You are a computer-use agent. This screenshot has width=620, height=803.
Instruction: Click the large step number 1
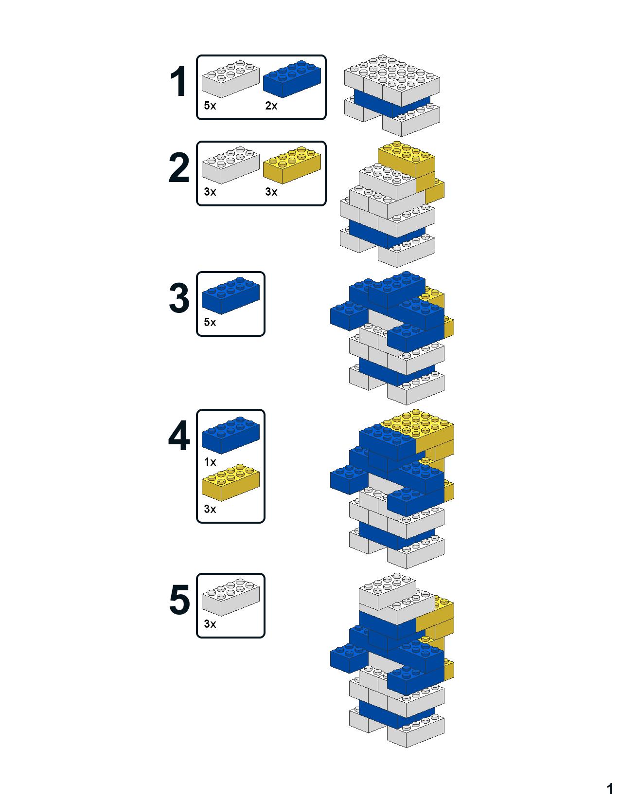[x=179, y=81]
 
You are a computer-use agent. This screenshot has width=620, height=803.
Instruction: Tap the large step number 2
[x=179, y=167]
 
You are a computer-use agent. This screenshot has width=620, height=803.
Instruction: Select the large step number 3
[x=179, y=298]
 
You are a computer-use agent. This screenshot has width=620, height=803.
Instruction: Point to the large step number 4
[x=179, y=436]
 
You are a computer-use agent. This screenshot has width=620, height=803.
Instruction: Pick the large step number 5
[x=179, y=600]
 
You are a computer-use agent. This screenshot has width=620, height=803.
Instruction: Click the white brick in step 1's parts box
[x=230, y=79]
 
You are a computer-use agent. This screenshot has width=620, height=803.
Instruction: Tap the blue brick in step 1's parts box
[x=292, y=79]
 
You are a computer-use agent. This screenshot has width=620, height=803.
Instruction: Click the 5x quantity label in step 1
[x=210, y=106]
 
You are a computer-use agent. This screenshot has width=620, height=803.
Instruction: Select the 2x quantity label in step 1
[x=271, y=106]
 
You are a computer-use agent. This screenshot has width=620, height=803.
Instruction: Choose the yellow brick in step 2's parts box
[x=292, y=165]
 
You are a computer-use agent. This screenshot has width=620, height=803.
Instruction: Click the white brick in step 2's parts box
[x=230, y=165]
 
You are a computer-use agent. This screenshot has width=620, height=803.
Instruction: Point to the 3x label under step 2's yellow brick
[x=271, y=192]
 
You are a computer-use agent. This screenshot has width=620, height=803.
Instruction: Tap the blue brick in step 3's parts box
[x=230, y=295]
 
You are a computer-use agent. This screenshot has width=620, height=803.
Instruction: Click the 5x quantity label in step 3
[x=210, y=322]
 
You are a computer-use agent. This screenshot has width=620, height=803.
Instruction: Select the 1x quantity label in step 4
[x=210, y=462]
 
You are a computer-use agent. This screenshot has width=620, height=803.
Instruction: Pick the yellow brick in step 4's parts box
[x=230, y=482]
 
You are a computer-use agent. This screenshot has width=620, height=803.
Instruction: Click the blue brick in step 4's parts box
[x=230, y=435]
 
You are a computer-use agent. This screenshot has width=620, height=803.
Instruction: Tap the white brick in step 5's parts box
[x=230, y=597]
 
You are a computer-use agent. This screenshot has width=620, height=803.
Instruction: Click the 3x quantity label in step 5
[x=210, y=624]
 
